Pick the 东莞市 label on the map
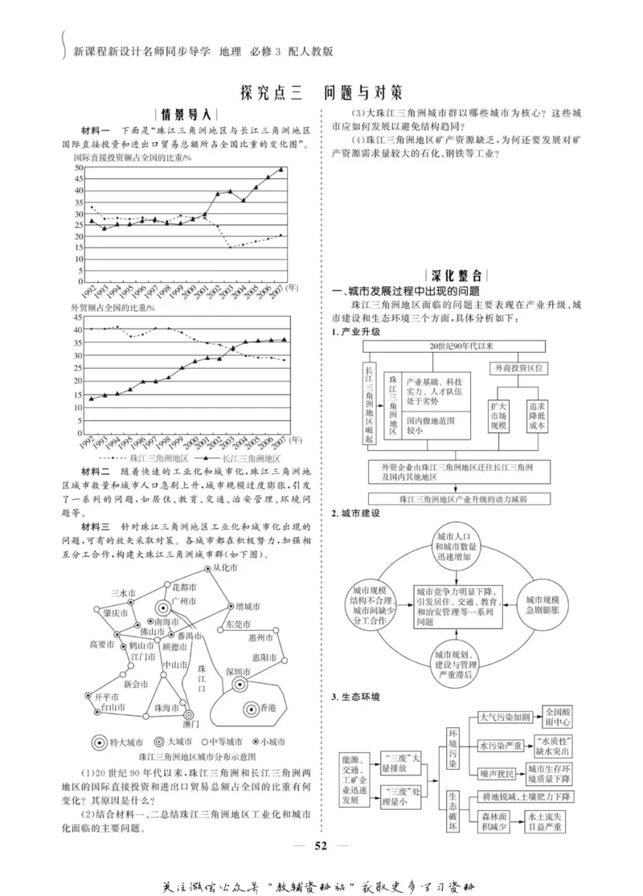tap(240, 624)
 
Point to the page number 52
tap(321, 844)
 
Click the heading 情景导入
tap(185, 113)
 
